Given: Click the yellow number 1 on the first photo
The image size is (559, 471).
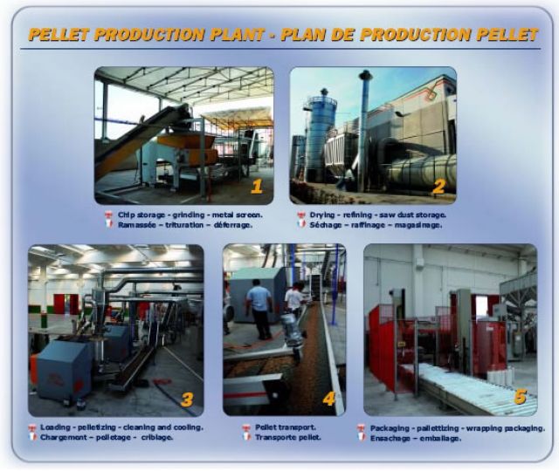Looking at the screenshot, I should click(256, 186).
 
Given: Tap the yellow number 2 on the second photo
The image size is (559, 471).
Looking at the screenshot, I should click(438, 185).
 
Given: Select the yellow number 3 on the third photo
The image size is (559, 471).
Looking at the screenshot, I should click(187, 399).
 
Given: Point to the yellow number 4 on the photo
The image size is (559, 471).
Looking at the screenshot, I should click(329, 399).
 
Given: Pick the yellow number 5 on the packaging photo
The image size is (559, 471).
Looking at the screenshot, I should click(520, 397).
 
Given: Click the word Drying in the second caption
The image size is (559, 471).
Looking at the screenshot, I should click(322, 214).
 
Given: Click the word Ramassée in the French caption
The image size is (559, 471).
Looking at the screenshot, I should click(135, 224).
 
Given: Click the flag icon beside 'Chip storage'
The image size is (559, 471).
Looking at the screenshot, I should click(108, 215).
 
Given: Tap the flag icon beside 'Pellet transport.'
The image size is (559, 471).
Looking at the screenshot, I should click(246, 427).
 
